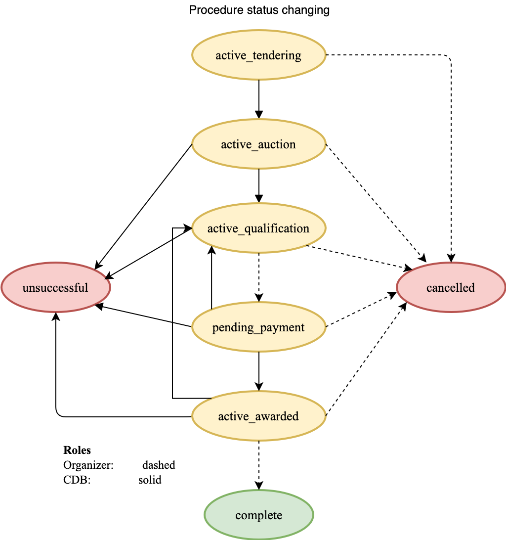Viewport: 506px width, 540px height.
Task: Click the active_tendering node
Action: [258, 55]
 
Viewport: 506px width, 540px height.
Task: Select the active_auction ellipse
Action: [258, 144]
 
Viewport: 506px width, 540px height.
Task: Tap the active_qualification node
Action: [258, 228]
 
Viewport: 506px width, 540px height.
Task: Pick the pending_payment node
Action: [258, 327]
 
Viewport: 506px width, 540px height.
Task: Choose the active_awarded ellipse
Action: [258, 416]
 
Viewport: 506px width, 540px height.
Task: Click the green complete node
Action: [258, 515]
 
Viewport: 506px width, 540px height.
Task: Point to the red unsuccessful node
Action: [55, 288]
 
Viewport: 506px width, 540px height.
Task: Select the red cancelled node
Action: [451, 288]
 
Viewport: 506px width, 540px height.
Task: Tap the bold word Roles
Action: [77, 450]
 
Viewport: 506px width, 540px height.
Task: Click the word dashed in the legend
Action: [159, 465]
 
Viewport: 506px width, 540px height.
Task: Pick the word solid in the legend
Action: [150, 480]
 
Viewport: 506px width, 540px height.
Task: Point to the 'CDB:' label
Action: [77, 480]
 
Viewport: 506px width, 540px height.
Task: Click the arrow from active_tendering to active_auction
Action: [258, 99]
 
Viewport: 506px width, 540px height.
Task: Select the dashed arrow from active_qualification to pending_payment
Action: [258, 277]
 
